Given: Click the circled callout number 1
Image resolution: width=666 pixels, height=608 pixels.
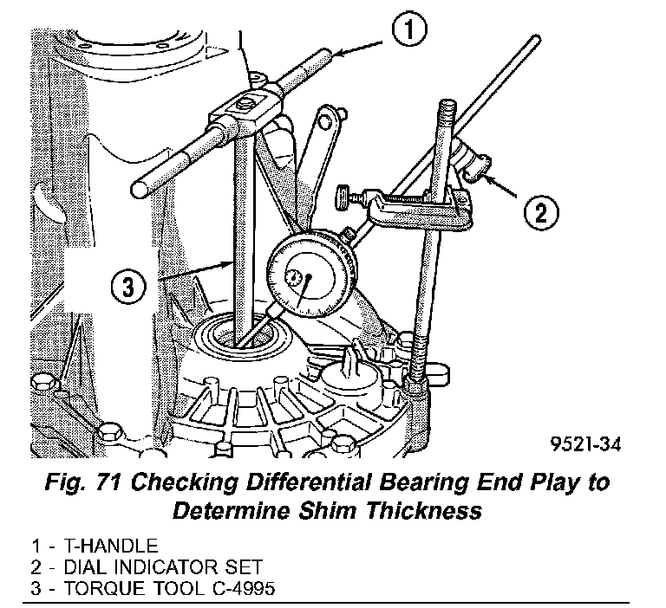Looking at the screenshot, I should (x=410, y=32).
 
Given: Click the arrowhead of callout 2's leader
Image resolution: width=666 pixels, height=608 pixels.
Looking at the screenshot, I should (x=484, y=177).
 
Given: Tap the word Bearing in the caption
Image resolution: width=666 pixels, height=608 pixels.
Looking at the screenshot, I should (x=429, y=483).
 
